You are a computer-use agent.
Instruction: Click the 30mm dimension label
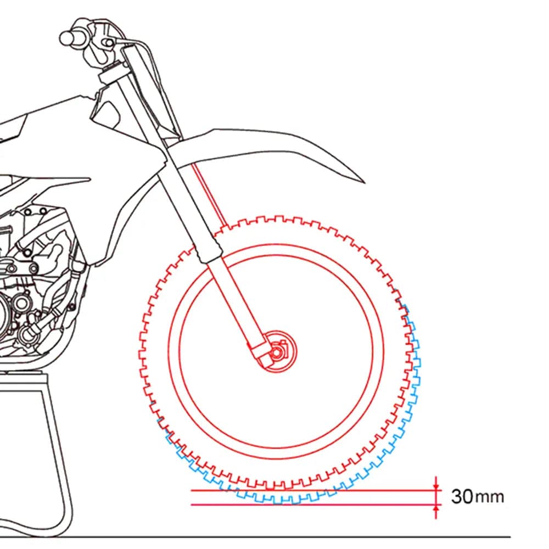[478, 496]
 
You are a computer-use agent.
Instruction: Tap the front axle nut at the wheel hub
[276, 352]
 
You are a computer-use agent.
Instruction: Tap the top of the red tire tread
[277, 219]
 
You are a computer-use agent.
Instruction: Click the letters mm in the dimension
[490, 498]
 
